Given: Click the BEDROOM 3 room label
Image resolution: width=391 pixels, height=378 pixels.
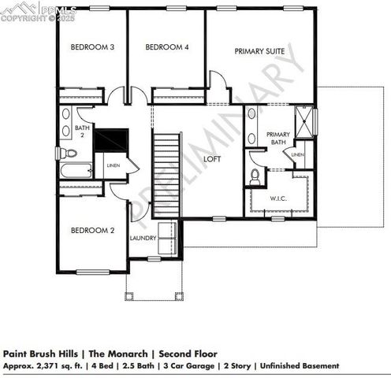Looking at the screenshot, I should click(x=93, y=47).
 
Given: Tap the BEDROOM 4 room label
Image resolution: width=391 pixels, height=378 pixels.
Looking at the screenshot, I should click(x=167, y=47).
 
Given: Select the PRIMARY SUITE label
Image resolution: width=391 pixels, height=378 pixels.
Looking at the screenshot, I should click(x=259, y=51).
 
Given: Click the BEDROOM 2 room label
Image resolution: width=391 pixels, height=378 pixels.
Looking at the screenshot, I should click(x=93, y=231).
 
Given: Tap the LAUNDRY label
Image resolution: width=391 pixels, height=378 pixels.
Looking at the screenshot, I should click(x=143, y=238).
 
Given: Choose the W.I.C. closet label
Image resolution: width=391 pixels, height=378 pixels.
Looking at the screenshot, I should click(x=278, y=199).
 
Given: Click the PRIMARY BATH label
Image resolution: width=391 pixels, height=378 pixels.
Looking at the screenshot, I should click(x=279, y=139).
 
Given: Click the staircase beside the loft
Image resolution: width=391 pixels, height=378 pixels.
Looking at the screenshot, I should click(x=166, y=175).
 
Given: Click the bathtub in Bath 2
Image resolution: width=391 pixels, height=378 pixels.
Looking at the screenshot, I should click(x=76, y=172).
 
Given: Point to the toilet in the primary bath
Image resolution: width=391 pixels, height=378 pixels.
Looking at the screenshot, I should click(x=255, y=177).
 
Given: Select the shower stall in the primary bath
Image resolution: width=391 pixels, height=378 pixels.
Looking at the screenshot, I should click(x=304, y=122).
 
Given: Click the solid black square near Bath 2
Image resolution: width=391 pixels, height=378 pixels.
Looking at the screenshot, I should click(x=111, y=140).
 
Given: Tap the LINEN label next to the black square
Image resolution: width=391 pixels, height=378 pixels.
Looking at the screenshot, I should click(x=113, y=166).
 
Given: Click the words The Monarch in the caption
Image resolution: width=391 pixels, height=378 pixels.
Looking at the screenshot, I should click(x=121, y=354).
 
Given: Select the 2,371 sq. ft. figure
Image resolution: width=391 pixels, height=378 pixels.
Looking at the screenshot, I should click(x=52, y=365).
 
